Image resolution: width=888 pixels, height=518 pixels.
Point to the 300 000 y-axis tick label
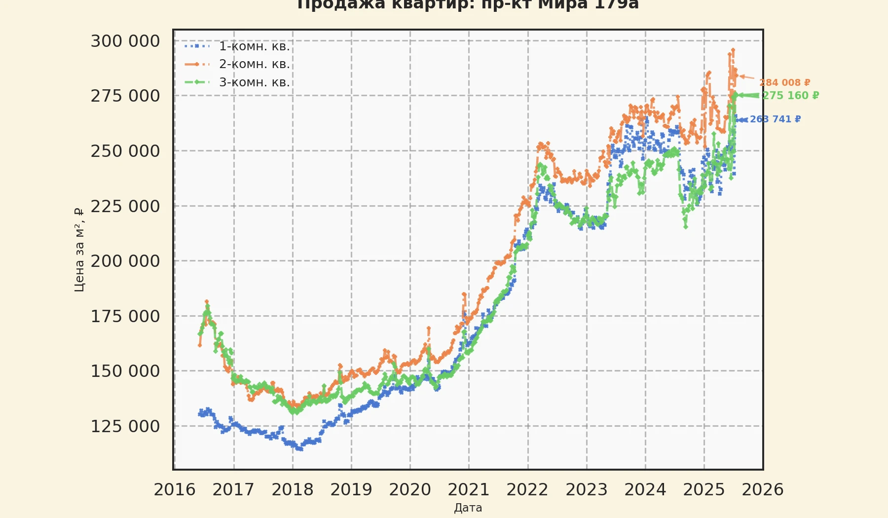pos(125,41)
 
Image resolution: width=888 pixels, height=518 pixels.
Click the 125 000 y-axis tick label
pos(125,426)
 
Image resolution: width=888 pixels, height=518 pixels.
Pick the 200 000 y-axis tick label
pos(125,261)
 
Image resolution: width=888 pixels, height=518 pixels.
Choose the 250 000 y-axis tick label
pos(125,151)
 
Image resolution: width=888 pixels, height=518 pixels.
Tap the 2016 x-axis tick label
pos(175,490)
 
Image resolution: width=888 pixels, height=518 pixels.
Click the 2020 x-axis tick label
pos(410,490)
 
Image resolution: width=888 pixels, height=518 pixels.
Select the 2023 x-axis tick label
pos(587,490)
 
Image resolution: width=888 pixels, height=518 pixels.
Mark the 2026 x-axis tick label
pos(763,490)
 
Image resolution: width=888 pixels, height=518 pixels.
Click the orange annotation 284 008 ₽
pos(784,83)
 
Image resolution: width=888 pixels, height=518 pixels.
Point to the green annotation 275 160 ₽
pos(791,96)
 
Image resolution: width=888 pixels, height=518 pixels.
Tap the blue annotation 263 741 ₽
pos(776,119)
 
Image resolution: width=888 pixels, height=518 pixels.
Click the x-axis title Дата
pos(468,508)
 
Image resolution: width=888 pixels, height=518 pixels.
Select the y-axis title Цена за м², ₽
pos(79,250)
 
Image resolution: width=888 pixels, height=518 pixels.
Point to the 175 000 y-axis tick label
pos(125,316)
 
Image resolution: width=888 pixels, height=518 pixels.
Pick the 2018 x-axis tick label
pos(293,490)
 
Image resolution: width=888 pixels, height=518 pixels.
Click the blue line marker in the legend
pos(197,46)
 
